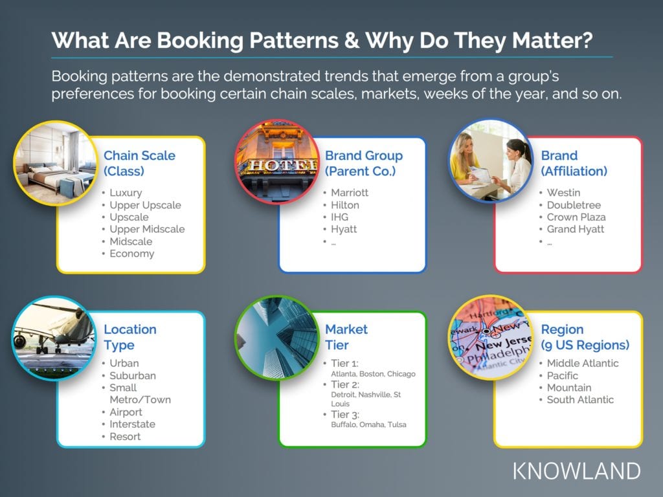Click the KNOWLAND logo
pos(577,471)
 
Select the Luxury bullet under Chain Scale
pos(126,193)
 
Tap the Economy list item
pos(132,254)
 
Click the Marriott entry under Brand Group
pos(350,193)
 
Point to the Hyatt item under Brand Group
pos(344,230)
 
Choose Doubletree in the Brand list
pos(574,205)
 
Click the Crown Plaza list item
pos(576,217)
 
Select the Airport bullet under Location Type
pos(126,412)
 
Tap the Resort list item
pos(125,437)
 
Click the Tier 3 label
pos(345,415)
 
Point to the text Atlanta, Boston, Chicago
pos(373,374)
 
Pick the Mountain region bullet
pos(569,388)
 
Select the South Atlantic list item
pos(580,400)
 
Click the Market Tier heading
pos(346,337)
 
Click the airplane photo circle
pos(54,338)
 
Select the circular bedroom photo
pos(56,163)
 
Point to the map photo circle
pos(491,337)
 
